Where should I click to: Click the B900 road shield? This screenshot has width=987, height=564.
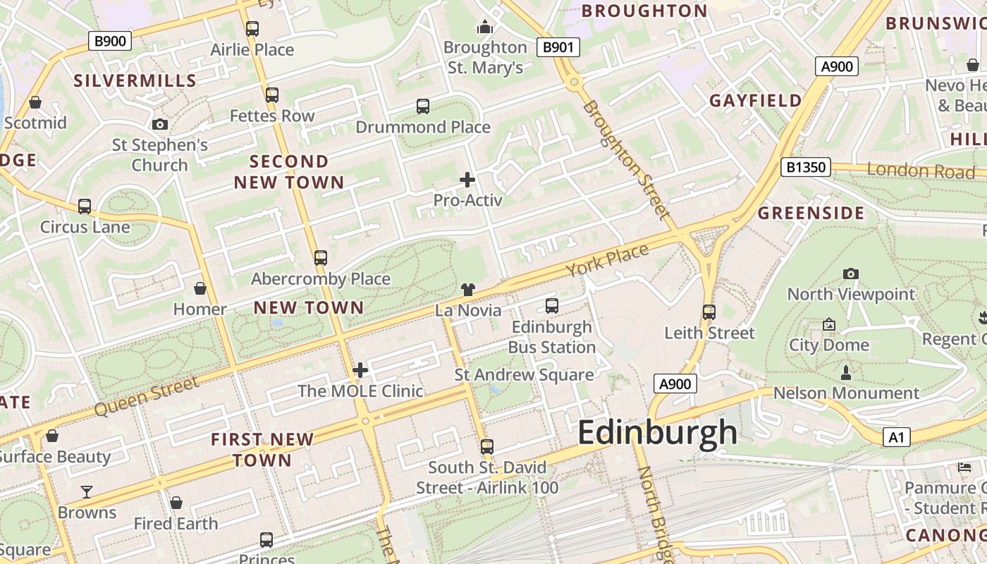(x=111, y=41)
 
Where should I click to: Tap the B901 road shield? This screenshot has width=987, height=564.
(x=558, y=47)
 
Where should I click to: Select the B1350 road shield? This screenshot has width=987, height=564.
(x=806, y=167)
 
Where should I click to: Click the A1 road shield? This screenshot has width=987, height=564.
(x=896, y=437)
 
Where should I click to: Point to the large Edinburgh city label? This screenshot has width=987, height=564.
(x=657, y=432)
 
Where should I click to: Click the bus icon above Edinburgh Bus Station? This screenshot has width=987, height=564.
(x=552, y=306)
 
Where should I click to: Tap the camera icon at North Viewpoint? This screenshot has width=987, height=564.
(x=851, y=274)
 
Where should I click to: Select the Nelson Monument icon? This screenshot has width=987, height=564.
(x=846, y=372)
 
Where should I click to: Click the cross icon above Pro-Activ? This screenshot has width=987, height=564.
(x=467, y=180)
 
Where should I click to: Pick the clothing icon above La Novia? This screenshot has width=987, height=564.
(x=468, y=289)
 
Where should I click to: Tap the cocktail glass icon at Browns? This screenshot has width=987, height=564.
(x=87, y=491)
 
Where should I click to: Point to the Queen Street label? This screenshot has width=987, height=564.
(x=146, y=396)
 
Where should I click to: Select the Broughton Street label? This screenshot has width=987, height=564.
(x=625, y=159)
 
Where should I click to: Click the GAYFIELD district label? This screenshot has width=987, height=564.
(x=755, y=100)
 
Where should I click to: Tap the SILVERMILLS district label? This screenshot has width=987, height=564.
(x=135, y=80)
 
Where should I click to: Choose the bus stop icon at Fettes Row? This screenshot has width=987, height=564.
(x=272, y=94)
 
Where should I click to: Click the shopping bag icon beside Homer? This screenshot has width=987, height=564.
(x=200, y=288)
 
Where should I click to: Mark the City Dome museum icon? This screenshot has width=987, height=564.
(x=829, y=324)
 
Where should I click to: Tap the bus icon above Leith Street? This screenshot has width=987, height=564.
(x=709, y=312)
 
